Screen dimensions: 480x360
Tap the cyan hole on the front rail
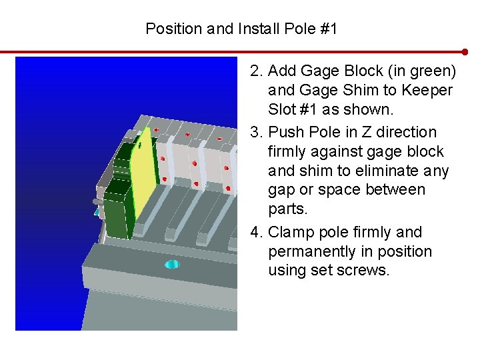(172, 264)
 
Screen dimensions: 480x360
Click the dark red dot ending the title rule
(465, 52)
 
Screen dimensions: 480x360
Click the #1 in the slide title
(329, 29)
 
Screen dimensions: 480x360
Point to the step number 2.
(256, 71)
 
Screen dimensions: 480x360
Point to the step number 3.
(256, 132)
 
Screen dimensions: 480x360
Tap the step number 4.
(256, 232)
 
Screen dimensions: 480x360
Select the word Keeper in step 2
(427, 91)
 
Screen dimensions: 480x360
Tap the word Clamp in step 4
(291, 233)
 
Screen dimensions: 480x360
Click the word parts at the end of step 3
(287, 209)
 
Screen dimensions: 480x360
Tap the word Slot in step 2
(281, 109)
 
